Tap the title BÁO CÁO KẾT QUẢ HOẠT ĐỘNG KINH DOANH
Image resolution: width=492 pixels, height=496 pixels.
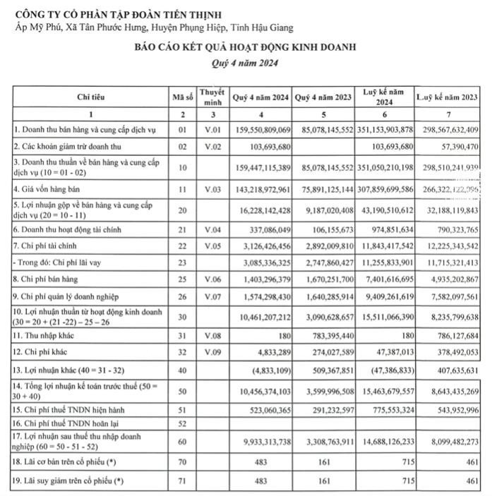[246, 47]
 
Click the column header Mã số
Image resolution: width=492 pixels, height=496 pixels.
[183, 97]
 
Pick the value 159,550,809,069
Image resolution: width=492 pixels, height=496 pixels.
[261, 130]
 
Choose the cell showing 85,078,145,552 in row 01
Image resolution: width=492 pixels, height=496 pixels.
[323, 130]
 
